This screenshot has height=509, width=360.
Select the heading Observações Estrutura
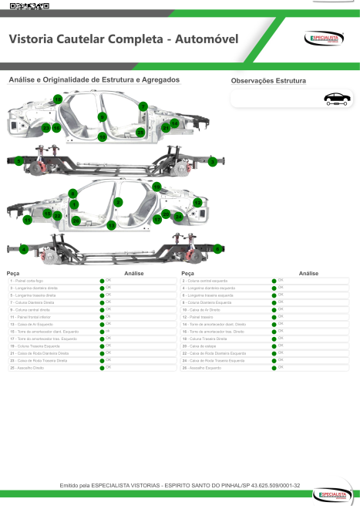pyautogui.click(x=268, y=81)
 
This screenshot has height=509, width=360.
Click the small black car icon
pyautogui.click(x=336, y=98)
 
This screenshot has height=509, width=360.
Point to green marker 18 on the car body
pyautogui.click(x=58, y=100)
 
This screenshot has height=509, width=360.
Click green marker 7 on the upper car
pyautogui.click(x=143, y=106)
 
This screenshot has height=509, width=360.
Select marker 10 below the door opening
pyautogui.click(x=103, y=137)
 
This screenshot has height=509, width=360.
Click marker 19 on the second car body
pyautogui.click(x=156, y=187)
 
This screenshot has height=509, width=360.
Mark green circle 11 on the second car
pyautogui.click(x=28, y=220)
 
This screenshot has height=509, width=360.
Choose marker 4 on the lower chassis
pyautogui.click(x=24, y=249)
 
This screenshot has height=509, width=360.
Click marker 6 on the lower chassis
pyautogui.click(x=218, y=248)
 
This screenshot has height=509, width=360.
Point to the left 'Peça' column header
pyautogui.click(x=13, y=273)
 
